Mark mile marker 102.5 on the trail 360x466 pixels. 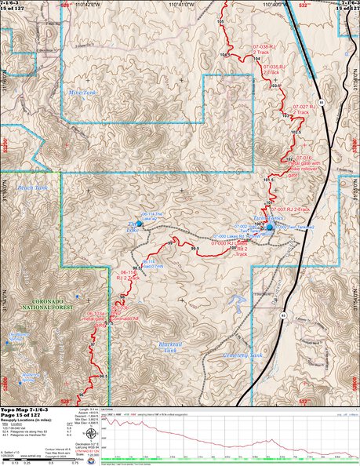tap(295, 133)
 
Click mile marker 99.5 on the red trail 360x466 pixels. tap(195, 249)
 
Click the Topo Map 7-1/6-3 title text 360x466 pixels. tap(26, 410)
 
